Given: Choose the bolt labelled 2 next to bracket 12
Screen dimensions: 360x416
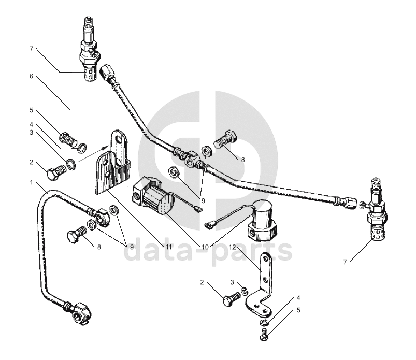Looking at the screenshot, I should (x=231, y=299).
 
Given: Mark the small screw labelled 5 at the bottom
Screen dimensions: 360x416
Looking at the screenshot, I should (x=264, y=336).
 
